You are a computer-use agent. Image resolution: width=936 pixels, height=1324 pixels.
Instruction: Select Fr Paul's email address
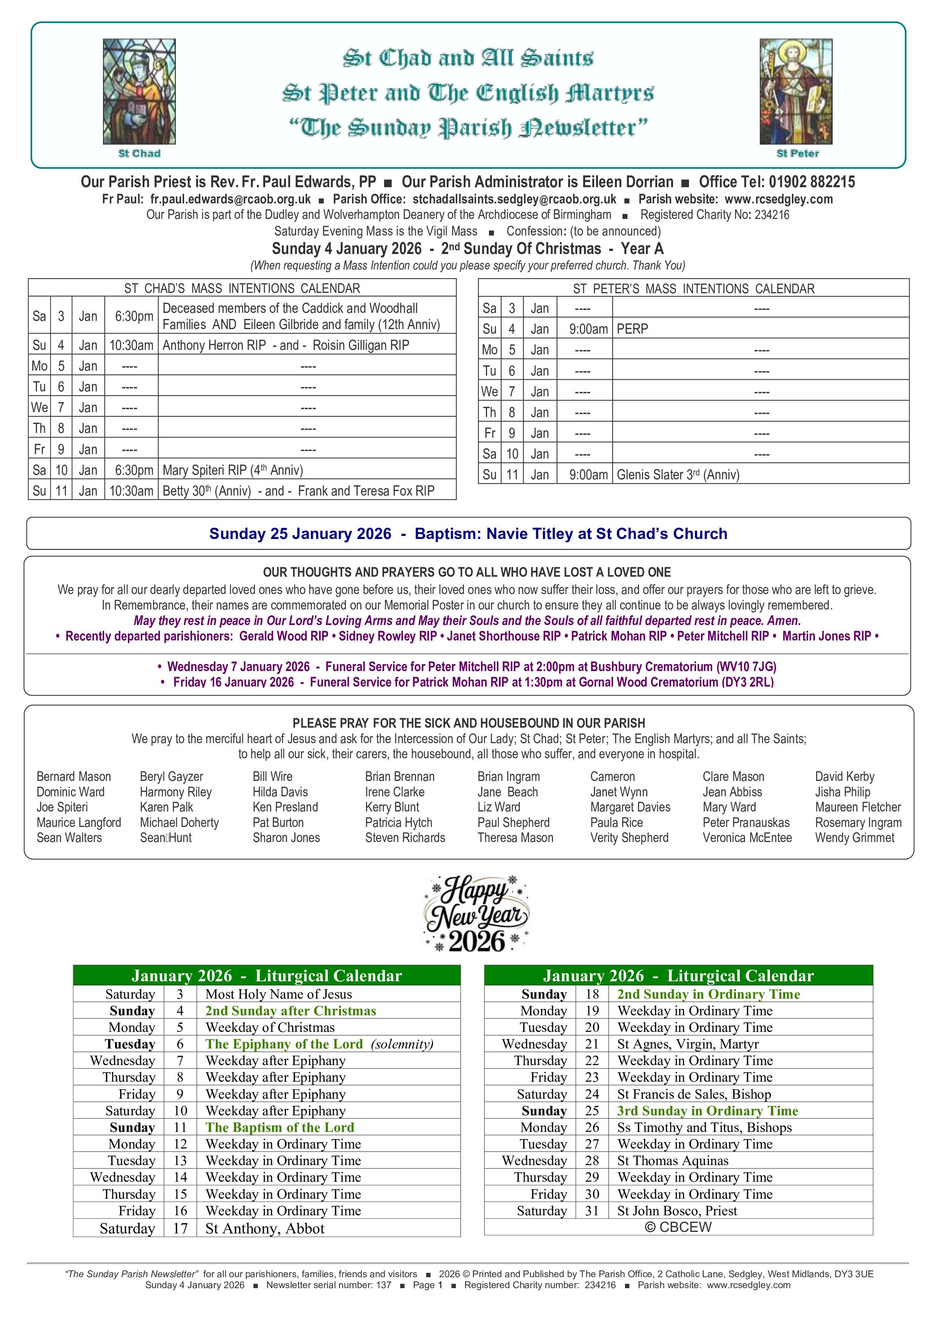coord(230,200)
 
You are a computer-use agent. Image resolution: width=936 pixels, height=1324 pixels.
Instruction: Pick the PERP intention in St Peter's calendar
coord(632,329)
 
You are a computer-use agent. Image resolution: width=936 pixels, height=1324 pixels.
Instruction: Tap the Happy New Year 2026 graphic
coord(476,913)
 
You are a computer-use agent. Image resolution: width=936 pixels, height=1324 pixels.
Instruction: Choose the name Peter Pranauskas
coord(746,823)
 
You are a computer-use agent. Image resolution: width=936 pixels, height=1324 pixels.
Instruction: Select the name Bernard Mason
coord(74,777)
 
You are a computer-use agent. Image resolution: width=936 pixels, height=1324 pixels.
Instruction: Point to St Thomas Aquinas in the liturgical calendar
coord(673,1161)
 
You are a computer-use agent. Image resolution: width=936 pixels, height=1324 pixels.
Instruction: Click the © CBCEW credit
coord(678,1227)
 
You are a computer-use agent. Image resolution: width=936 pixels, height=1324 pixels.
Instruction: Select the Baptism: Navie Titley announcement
coord(570,534)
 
